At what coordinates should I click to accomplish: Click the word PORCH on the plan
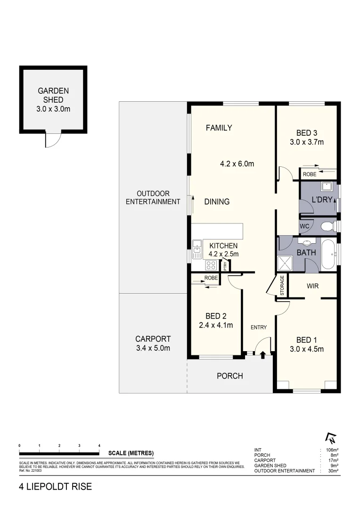[229, 376]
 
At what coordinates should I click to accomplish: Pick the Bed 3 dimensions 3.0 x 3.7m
[307, 142]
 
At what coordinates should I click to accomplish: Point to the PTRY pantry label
[225, 265]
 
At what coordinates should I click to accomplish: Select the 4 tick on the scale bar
[99, 445]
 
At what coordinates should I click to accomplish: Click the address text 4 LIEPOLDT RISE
[56, 487]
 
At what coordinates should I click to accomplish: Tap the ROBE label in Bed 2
[211, 278]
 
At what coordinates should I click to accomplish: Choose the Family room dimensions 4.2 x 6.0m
[237, 164]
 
